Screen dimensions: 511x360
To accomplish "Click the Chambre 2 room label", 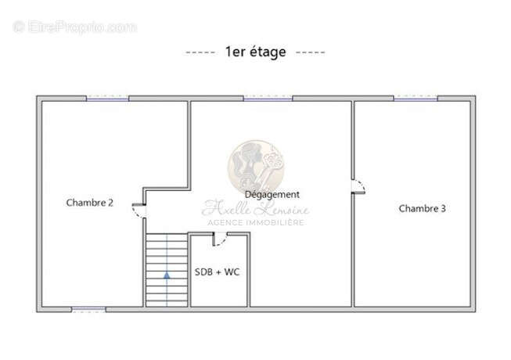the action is tap(90, 203).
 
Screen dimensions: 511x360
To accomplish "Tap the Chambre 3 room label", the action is tap(422, 208).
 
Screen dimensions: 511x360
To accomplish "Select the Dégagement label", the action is tap(272, 195).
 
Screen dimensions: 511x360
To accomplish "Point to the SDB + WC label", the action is tap(217, 272).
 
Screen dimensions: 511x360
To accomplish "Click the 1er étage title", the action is tap(256, 52).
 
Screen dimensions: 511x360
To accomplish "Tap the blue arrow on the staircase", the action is tap(167, 275).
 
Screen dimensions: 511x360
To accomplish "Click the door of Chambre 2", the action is tap(139, 211).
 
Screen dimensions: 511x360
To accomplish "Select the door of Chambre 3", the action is tap(358, 186).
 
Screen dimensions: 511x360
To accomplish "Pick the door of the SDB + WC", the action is tap(220, 239).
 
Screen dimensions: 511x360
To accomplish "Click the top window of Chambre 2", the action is tap(107, 98).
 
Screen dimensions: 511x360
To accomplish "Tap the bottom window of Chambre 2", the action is tap(88, 309).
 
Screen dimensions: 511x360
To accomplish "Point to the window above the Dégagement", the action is tap(268, 98).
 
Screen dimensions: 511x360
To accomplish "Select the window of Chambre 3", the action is tap(416, 98).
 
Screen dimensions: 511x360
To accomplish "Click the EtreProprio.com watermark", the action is tap(74, 27).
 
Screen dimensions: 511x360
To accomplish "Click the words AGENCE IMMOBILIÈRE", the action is tap(256, 222).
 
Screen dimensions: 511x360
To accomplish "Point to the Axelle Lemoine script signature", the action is tap(255, 208).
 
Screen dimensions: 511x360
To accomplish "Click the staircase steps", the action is tap(167, 270).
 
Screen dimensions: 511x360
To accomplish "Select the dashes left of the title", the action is tap(200, 52).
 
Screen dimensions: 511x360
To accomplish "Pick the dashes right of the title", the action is tap(310, 52).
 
